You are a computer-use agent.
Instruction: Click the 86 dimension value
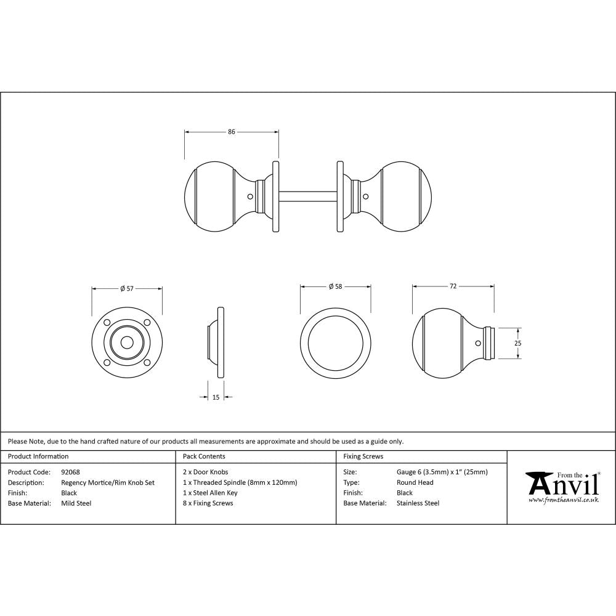pos(232,131)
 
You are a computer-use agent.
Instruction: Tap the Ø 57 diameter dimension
pos(127,288)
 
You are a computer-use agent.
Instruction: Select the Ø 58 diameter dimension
pos(336,286)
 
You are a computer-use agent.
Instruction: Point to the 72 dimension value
pos(453,286)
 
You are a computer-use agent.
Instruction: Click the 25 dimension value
pos(518,342)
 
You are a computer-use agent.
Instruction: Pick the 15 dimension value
pos(216,398)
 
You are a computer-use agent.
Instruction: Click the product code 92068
pos(70,472)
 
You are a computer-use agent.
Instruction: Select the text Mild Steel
pos(76,503)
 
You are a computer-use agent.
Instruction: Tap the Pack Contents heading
pos(204,456)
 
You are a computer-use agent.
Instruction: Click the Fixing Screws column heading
pos(363,456)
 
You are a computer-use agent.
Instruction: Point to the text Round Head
pos(415,483)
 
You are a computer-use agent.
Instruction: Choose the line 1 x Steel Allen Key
pos(210,493)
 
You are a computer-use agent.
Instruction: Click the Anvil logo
pos(562,484)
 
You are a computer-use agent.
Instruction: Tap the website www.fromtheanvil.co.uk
pos(563,500)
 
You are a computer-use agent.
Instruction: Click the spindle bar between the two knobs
pos(307,197)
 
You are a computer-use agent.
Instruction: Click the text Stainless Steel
pos(418,503)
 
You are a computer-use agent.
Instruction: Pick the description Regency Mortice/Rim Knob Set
pos(108,483)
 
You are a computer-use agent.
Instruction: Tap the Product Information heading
pos(38,456)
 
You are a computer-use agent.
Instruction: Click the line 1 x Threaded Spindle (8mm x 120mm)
pos(240,483)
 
